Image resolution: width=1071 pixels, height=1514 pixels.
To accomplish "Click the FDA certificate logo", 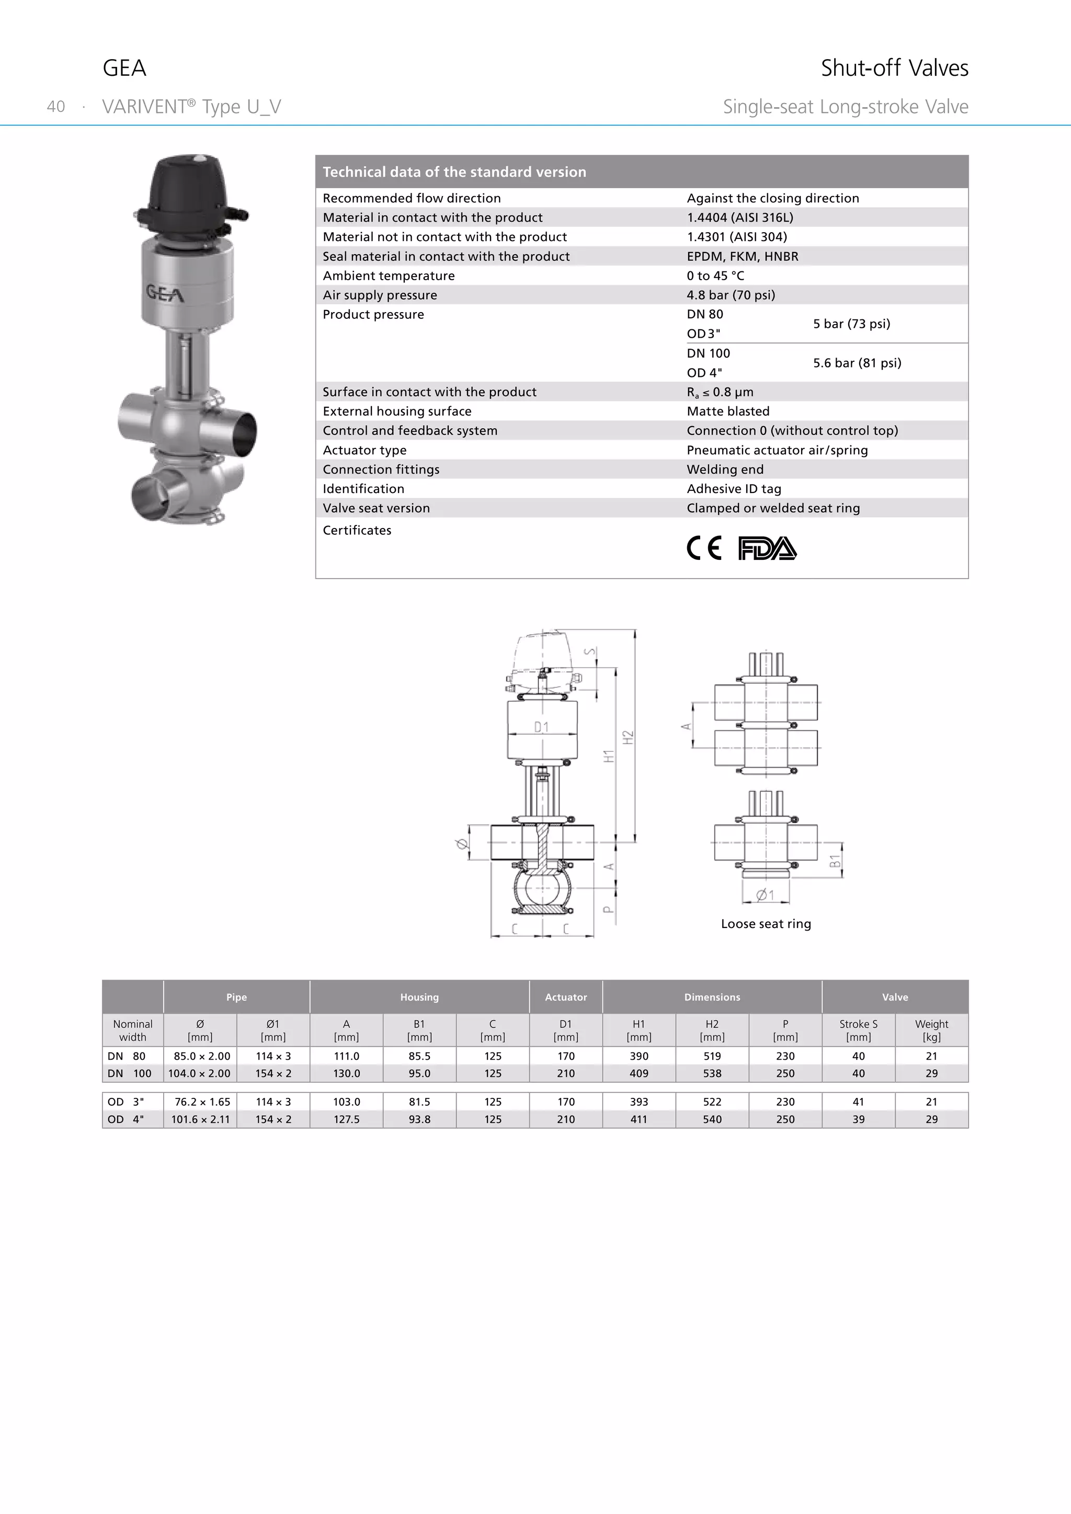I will tap(767, 548).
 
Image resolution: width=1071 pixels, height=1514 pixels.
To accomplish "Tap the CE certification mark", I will tap(704, 548).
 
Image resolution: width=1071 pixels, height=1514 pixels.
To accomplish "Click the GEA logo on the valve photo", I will tap(165, 293).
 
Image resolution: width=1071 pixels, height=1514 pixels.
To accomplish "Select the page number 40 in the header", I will tap(56, 107).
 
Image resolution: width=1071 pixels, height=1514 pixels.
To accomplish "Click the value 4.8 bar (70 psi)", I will tap(731, 295).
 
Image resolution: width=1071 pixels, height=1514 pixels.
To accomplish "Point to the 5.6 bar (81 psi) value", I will tap(857, 363).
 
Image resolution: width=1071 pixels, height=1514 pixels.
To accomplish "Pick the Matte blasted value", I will tap(728, 411).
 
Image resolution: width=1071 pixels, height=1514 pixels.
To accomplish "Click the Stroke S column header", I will tap(858, 1030).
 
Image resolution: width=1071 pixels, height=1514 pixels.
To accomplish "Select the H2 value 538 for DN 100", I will tap(712, 1073).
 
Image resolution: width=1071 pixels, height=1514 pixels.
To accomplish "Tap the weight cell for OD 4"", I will tap(931, 1119).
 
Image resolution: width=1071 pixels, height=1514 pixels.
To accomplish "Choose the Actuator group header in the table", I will tap(565, 997).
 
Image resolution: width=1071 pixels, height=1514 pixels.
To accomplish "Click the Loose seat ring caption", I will tap(766, 924).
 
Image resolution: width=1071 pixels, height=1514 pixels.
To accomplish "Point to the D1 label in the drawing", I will tap(541, 727).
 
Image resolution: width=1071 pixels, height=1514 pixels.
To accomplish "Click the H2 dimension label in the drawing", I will tap(629, 738).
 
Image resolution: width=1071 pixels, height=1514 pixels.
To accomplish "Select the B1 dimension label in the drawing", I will tap(835, 861).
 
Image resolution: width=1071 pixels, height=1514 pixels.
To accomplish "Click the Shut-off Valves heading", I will tap(894, 68).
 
